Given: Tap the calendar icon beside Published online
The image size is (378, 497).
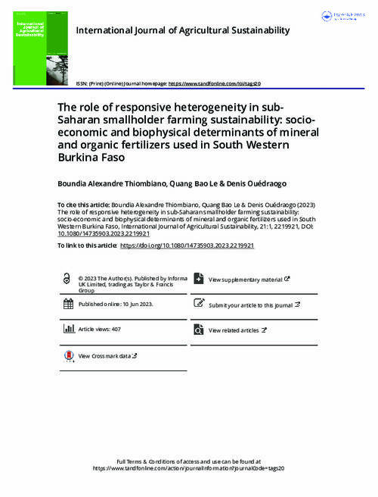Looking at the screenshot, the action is pos(69,304).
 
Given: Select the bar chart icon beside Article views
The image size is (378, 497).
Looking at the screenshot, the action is pos(69,330).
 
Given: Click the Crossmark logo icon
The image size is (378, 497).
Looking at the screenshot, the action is pos(69,355).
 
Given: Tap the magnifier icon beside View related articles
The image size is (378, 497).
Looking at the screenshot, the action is pos(199,330).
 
